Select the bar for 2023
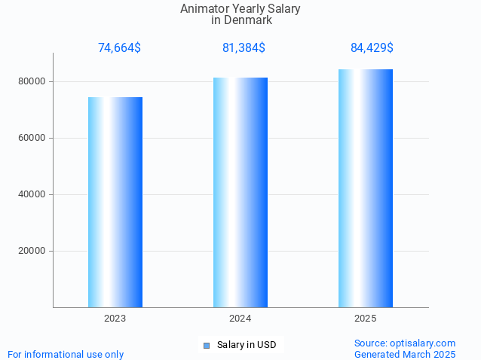click(x=115, y=202)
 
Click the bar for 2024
click(x=240, y=192)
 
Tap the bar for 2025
click(x=366, y=188)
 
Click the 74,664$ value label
click(x=119, y=48)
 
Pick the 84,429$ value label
click(x=372, y=48)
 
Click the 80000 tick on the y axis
click(x=32, y=81)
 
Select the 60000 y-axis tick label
click(x=32, y=138)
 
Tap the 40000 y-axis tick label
click(x=32, y=194)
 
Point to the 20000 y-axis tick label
click(x=32, y=251)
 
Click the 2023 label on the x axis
click(x=115, y=319)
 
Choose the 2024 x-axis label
click(x=240, y=319)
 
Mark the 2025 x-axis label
click(x=366, y=319)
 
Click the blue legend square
click(x=207, y=346)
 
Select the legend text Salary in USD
click(x=247, y=345)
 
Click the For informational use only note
click(x=66, y=354)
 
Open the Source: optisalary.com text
click(x=405, y=343)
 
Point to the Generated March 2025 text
click(x=405, y=354)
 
